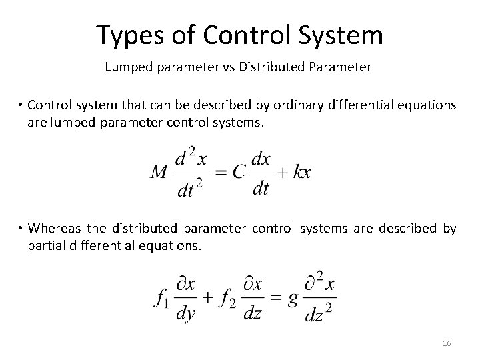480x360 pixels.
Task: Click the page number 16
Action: click(447, 343)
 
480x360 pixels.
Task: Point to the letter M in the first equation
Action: click(159, 172)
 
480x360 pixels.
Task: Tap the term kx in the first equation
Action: click(301, 172)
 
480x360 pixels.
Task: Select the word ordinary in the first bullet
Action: click(286, 105)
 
